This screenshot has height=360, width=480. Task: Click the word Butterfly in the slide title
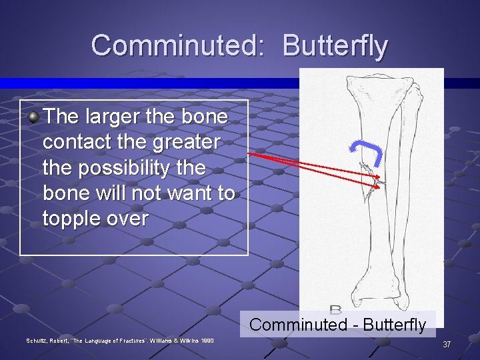tap(335, 45)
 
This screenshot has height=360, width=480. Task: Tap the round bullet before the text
tap(34, 117)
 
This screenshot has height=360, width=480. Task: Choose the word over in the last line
tap(127, 218)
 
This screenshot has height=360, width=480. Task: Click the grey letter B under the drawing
tap(335, 311)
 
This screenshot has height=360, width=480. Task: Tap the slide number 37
tap(447, 345)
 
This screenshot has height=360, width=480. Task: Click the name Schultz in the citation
tap(38, 341)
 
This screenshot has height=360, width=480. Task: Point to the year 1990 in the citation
tap(205, 341)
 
